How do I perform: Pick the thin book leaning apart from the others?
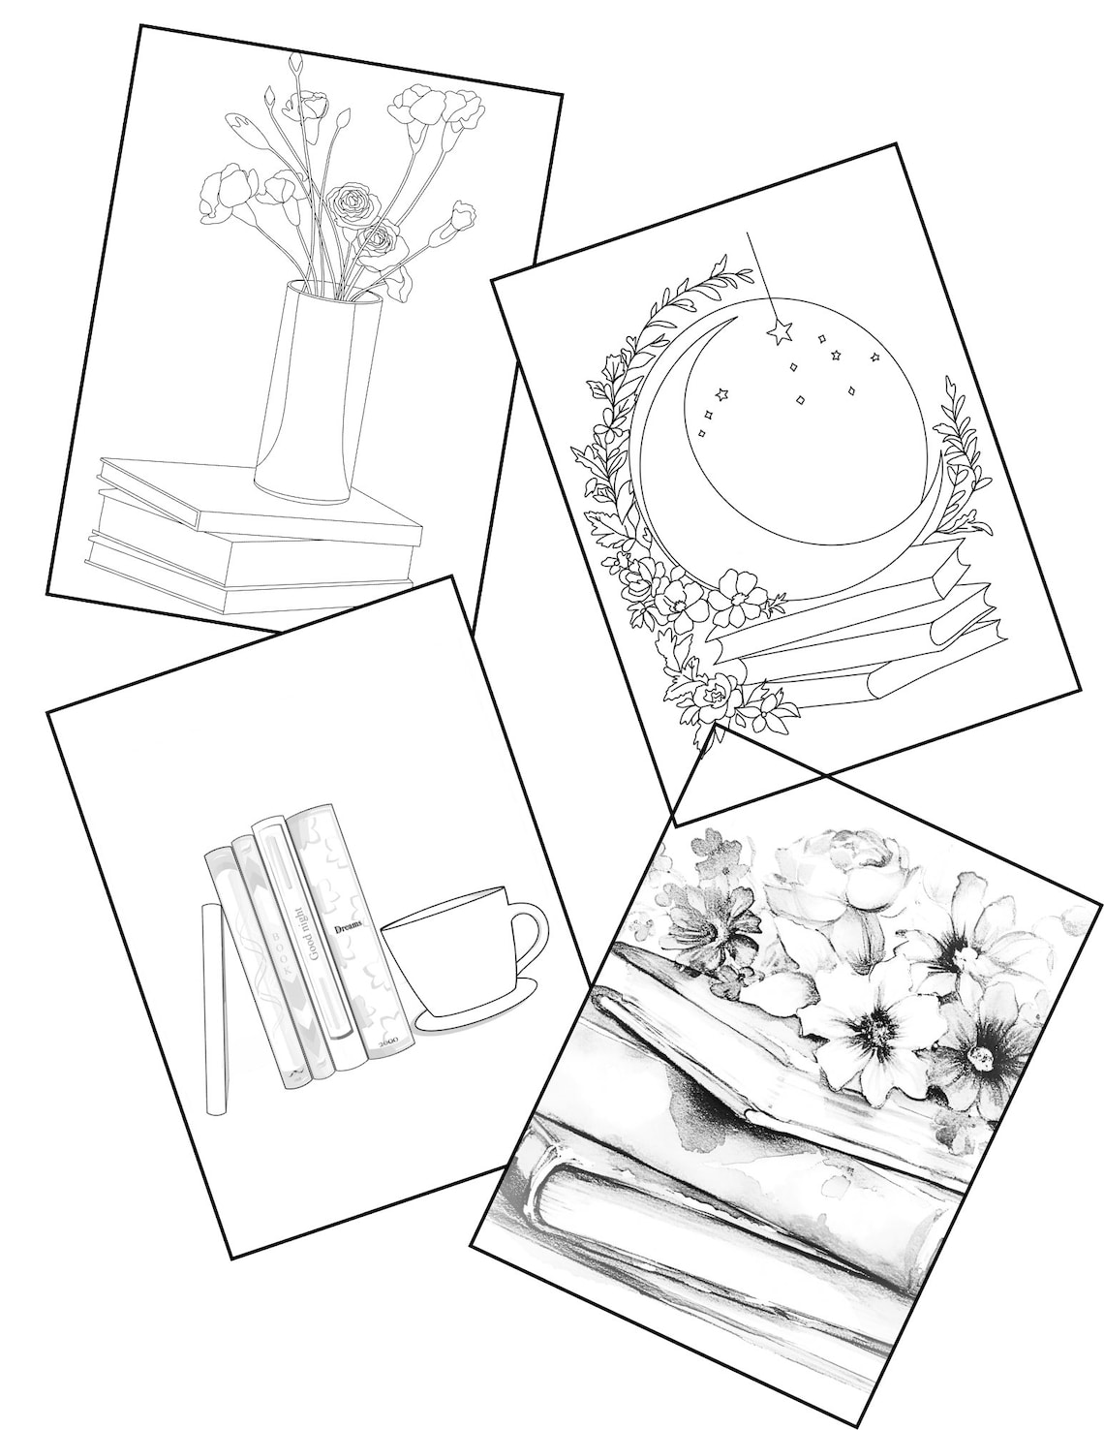pos(214,1008)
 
